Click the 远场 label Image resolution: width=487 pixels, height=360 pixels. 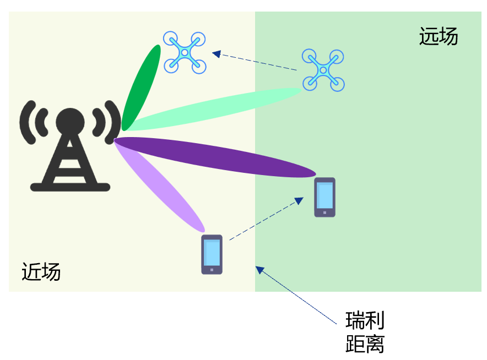click(x=439, y=37)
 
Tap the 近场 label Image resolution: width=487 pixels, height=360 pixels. click(x=41, y=271)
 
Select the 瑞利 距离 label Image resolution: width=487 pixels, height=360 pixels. click(x=365, y=332)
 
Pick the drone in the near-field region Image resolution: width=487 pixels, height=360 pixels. click(x=185, y=52)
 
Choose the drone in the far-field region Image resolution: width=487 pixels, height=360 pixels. click(x=323, y=70)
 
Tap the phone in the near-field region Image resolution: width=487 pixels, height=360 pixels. click(x=212, y=254)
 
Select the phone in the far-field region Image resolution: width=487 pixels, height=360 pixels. click(x=324, y=197)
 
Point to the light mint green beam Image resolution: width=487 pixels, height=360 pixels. click(x=215, y=110)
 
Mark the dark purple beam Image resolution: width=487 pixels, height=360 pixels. click(x=215, y=157)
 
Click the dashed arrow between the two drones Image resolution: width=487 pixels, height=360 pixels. click(x=255, y=61)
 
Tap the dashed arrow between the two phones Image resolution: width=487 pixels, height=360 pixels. click(x=266, y=219)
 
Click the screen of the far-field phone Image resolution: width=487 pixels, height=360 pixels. click(x=324, y=194)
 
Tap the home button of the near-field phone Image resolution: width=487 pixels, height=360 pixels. click(x=212, y=270)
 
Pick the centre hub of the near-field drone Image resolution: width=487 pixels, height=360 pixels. click(x=185, y=52)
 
